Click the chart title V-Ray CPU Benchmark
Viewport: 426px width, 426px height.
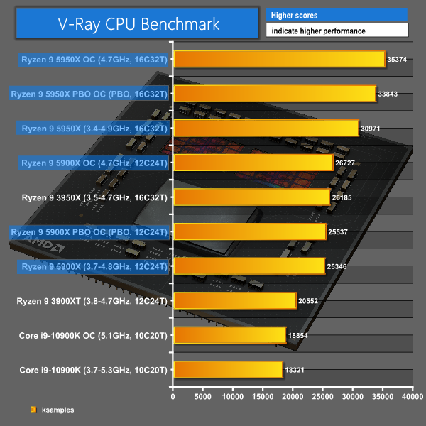138,23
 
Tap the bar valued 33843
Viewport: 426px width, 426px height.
274,94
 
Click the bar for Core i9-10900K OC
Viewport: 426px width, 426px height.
229,334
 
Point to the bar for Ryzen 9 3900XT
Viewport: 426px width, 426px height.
234,300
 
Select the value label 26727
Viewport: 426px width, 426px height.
347,163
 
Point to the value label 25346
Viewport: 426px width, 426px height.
339,266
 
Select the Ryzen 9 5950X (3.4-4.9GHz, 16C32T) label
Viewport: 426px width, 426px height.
94,129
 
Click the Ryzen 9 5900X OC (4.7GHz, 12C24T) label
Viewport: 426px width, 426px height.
94,163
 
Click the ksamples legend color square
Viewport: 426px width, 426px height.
33,409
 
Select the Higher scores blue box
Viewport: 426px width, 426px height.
337,15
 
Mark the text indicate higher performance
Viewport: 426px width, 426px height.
337,31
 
